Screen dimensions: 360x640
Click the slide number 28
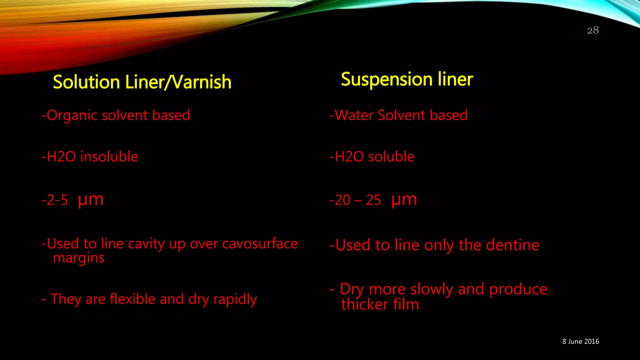593,30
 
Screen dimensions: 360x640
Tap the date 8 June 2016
581,342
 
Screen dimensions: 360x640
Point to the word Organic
72,115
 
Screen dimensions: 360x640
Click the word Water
354,115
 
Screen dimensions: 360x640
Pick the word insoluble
109,157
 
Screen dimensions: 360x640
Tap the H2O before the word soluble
349,157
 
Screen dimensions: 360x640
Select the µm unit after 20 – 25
404,200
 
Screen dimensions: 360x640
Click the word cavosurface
260,244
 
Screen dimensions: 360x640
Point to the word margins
79,258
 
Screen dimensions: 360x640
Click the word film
406,304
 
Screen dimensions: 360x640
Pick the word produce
518,289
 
